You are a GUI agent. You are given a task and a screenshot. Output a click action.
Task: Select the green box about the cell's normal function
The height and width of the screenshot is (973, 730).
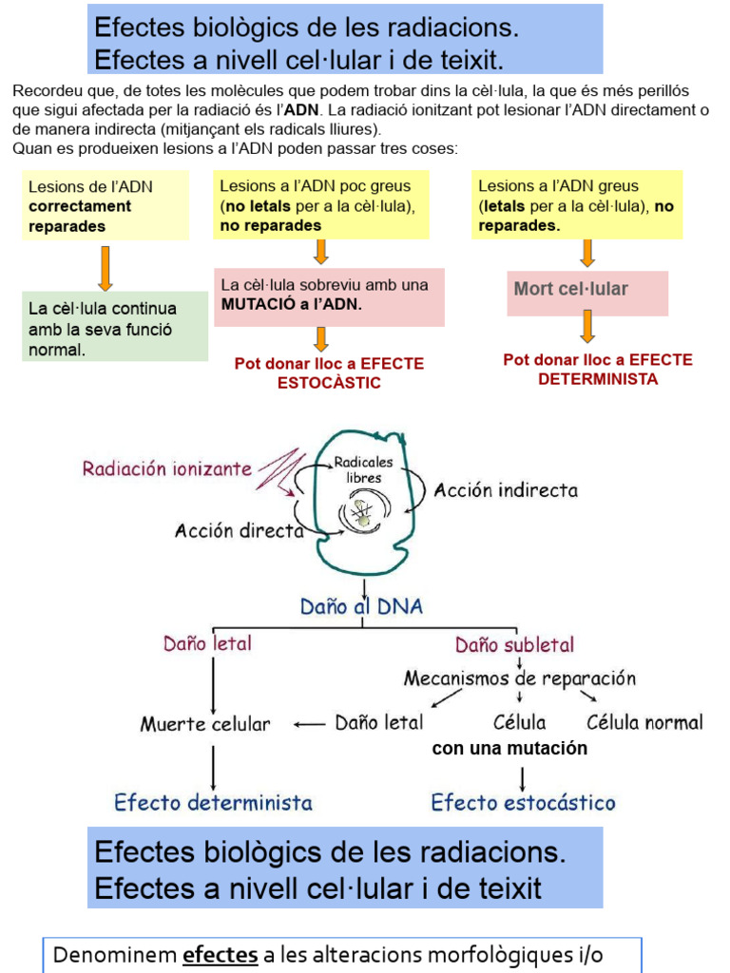pos(115,328)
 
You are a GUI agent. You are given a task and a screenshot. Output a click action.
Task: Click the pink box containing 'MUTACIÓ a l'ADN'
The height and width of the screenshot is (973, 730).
pos(329,295)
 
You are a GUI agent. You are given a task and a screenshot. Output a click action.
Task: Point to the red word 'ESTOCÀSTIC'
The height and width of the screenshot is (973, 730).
pos(329,382)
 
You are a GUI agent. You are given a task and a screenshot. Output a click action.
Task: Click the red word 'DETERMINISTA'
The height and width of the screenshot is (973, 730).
pos(598,378)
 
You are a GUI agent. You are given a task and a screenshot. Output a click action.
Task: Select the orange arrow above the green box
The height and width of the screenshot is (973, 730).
pos(106,268)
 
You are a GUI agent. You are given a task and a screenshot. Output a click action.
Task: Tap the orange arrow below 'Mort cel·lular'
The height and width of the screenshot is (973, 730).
pos(588,326)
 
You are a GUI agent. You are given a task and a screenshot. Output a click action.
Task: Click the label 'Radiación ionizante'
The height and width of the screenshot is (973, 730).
pos(167,468)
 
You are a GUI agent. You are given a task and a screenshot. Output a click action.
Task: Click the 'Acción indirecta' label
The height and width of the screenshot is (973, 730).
pos(506,490)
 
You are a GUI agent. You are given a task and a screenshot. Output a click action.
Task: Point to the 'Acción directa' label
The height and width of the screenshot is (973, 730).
pos(239,531)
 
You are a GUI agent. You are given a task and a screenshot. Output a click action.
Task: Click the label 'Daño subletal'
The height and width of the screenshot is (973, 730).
pos(514,645)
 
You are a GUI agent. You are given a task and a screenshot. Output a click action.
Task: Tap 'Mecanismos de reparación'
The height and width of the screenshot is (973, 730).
pos(519,678)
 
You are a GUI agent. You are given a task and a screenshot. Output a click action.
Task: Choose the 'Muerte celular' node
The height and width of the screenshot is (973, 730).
pos(205,724)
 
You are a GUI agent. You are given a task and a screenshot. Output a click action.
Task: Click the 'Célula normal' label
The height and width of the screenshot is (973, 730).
pos(644,722)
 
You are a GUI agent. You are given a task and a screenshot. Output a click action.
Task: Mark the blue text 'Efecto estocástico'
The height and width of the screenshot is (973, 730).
pos(523,803)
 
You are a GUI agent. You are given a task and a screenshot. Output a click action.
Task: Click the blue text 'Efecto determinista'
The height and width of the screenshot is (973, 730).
pos(213,803)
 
